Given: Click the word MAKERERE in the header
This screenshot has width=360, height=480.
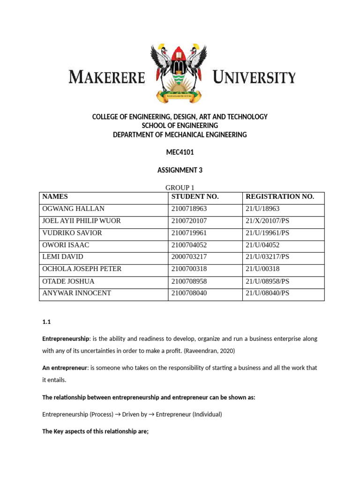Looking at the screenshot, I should pos(107,77).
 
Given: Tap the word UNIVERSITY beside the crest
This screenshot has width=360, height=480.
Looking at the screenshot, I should pos(254,77).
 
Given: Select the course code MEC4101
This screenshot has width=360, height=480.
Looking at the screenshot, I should pos(180,152).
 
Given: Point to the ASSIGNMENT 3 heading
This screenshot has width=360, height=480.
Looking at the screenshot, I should pos(180,170).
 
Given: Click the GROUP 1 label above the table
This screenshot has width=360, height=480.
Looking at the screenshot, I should pos(180,188).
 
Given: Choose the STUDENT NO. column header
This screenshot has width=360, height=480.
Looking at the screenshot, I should pos(195,197).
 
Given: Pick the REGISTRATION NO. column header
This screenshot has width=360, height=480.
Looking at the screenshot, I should pos(280,197).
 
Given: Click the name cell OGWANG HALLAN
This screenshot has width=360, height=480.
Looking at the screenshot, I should pos(73,209).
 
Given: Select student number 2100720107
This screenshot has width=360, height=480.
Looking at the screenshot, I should pos(189,221).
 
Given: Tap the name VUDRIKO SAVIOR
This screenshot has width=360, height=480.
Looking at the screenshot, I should pos(72,233).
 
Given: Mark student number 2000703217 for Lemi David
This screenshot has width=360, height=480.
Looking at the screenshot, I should pos(189,257).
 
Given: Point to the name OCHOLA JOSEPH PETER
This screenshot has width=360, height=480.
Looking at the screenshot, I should pos(82,270).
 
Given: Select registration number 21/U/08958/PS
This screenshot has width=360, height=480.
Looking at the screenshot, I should pos(268,282).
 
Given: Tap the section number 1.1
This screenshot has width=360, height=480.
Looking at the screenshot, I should pos(46,322).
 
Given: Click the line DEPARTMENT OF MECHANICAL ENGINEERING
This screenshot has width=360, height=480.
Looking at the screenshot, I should pos(180,135).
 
